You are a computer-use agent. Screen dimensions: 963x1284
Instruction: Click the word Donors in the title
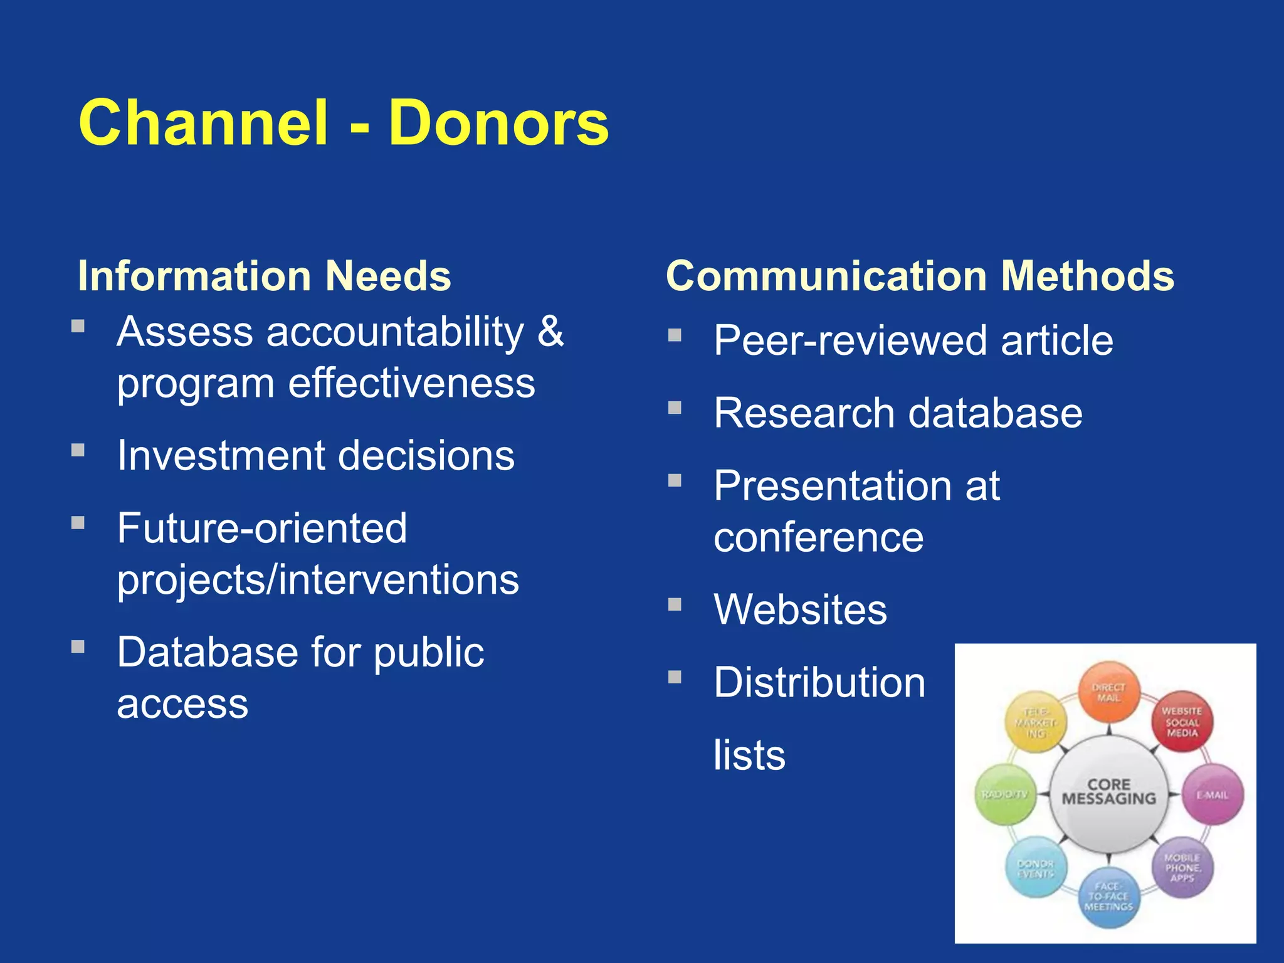[x=498, y=124]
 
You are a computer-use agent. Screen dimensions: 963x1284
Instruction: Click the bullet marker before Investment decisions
[x=78, y=450]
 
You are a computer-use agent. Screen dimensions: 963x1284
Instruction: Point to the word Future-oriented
[x=262, y=528]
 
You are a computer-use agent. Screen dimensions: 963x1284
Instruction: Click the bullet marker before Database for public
[x=78, y=647]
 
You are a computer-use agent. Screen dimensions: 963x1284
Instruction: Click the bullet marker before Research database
[x=675, y=408]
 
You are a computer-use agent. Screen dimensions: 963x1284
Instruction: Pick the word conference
[x=818, y=537]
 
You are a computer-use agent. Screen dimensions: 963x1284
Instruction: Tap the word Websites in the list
[x=800, y=609]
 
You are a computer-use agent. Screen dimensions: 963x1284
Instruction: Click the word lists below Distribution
[x=749, y=755]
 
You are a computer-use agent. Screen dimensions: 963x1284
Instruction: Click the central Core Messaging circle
[x=1108, y=793]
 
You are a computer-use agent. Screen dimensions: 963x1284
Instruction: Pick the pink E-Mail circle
[x=1213, y=795]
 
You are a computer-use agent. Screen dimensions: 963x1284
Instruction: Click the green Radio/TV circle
[x=1005, y=795]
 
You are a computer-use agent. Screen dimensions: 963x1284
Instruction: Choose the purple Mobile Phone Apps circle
[x=1182, y=868]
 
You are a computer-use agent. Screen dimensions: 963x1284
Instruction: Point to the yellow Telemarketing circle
[x=1036, y=722]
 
